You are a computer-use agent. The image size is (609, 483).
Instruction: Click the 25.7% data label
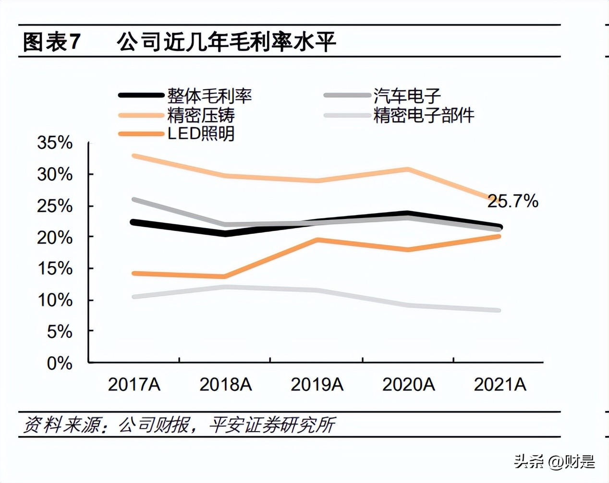point(512,201)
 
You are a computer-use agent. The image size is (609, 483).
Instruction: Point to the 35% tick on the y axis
point(55,143)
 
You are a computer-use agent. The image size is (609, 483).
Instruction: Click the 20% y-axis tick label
point(55,237)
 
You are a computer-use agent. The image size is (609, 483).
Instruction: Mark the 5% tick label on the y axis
point(59,332)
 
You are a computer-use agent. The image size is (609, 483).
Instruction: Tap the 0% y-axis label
point(59,363)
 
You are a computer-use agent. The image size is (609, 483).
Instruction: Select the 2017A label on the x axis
point(134,385)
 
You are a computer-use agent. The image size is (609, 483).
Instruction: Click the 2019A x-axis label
point(317,385)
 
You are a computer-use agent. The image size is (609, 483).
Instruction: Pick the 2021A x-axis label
point(500,385)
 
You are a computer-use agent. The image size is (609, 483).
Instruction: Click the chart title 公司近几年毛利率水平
point(226,42)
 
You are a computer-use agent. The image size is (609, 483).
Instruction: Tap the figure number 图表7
point(51,42)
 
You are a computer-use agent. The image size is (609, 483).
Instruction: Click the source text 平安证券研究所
point(272,425)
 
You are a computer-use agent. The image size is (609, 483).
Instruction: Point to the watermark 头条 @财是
point(554,462)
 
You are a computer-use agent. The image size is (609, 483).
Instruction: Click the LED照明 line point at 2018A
point(225,276)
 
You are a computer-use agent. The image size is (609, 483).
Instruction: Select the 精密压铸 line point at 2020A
point(408,169)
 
